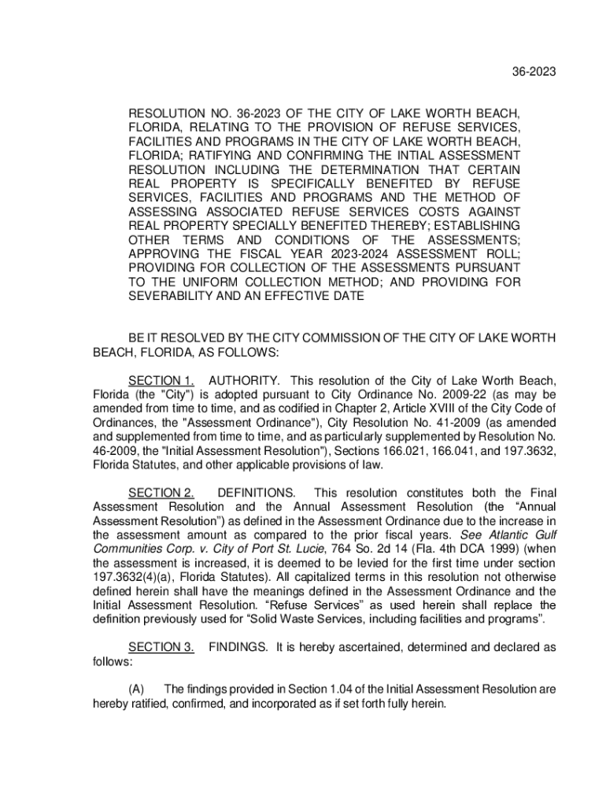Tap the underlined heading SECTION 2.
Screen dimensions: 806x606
[x=162, y=493]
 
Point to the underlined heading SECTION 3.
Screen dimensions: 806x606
[x=162, y=647]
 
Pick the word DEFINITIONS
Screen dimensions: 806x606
[x=257, y=493]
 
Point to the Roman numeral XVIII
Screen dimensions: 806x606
[x=432, y=408]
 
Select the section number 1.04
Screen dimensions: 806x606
[x=344, y=690]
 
